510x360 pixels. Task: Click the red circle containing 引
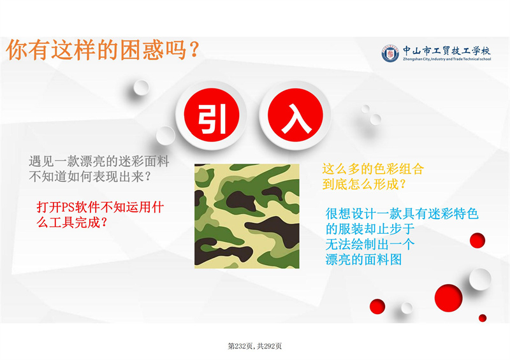(212, 115)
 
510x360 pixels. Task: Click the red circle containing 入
(295, 115)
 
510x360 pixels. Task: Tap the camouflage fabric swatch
(247, 216)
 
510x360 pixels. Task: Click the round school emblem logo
(390, 54)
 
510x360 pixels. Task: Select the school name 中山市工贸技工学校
(447, 51)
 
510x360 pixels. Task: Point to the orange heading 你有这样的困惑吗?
(103, 50)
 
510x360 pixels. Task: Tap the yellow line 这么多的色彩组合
(373, 169)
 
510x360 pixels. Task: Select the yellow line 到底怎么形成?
(364, 184)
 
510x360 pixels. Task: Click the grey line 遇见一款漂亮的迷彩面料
(99, 161)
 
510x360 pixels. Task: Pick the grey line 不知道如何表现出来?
(90, 176)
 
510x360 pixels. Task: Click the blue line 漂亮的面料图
(363, 259)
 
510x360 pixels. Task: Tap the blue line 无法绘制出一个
(370, 244)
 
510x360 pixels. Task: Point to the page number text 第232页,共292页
(254, 347)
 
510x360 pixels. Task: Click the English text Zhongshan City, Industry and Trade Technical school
(447, 59)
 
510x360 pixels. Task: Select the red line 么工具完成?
(72, 223)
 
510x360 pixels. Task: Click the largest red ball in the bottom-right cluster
(449, 298)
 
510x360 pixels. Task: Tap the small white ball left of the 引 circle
(166, 136)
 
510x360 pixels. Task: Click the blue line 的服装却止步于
(370, 229)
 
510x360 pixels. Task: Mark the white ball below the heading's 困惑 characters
(141, 88)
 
